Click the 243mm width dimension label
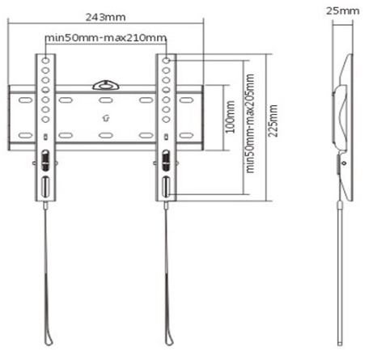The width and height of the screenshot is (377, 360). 105,17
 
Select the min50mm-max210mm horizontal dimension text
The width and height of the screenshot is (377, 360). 105,37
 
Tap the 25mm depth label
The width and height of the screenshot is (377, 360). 343,11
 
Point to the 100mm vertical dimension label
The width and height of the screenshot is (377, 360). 231,116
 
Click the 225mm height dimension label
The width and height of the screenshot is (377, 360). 273,121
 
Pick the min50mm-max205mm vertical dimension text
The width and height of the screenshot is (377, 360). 250,123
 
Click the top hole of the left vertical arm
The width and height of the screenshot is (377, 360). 45,61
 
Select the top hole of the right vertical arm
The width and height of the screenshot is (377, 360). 167,61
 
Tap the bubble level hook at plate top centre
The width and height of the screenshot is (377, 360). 106,85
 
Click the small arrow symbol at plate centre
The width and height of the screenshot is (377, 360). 106,118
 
